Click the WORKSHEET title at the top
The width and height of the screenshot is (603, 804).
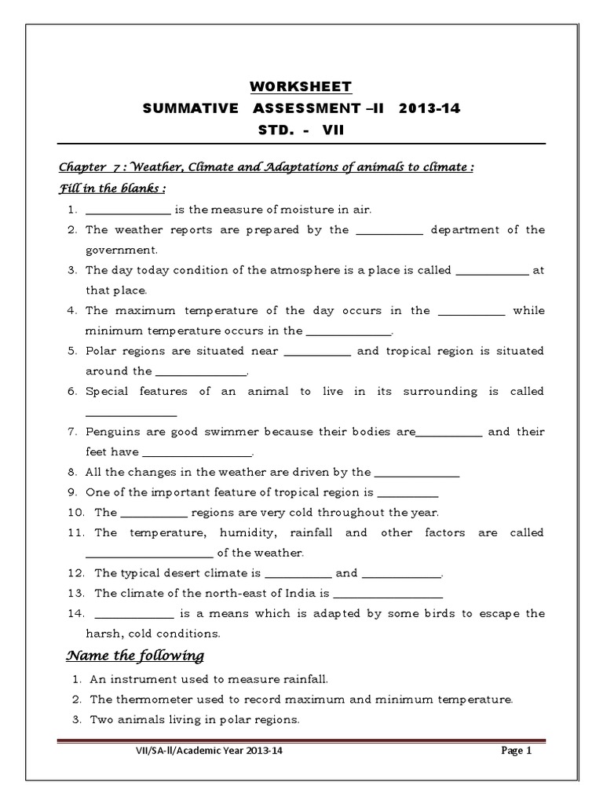pos(301,86)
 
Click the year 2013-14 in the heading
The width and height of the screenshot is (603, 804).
pos(429,108)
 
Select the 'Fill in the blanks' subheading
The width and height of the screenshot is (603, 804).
pos(112,189)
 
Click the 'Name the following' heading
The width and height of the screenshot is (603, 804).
pos(134,656)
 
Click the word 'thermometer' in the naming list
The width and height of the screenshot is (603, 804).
pos(148,698)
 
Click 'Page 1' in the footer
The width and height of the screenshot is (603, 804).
pos(517,751)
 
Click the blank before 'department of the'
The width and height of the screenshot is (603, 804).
pos(389,230)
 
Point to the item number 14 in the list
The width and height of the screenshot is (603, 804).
pos(73,613)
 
